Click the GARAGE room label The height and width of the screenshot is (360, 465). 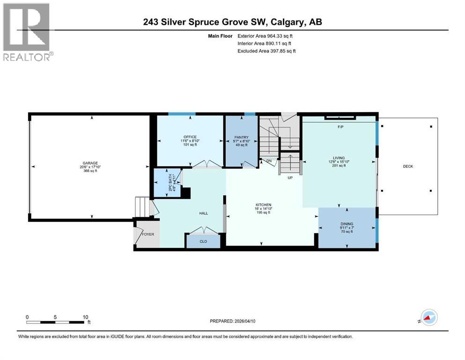[x=88, y=163]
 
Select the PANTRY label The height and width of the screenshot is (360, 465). [x=241, y=137]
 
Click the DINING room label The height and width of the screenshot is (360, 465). [x=347, y=224]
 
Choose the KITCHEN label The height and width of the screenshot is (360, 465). [x=263, y=205]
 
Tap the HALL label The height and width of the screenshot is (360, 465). [x=204, y=213]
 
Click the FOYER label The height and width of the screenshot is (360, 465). [x=148, y=234]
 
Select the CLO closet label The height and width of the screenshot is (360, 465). [x=203, y=242]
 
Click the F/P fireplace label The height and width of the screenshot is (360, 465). [x=340, y=127]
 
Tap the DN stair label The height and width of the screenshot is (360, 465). [x=269, y=161]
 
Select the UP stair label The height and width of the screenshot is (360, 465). [x=290, y=178]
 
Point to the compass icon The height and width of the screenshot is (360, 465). [x=428, y=319]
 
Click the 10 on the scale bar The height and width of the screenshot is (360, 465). [x=85, y=317]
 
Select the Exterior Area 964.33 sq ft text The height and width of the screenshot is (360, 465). [x=266, y=36]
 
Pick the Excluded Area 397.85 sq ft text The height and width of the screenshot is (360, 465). [x=266, y=51]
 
